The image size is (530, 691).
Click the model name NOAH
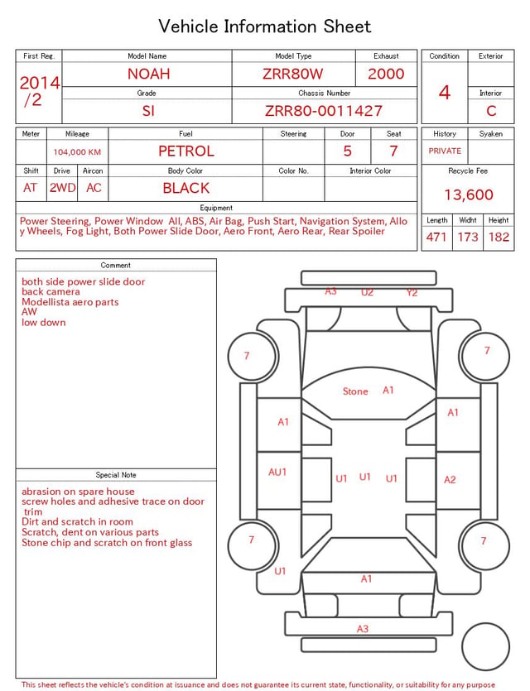148,74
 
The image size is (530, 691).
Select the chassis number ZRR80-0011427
324,111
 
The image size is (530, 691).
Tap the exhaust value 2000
386,74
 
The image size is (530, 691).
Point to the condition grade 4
445,93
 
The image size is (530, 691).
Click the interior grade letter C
491,111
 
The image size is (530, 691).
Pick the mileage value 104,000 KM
77,152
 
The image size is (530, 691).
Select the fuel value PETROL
186,151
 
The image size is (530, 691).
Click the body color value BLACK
186,188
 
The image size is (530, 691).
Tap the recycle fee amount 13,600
468,194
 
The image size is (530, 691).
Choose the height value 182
499,237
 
